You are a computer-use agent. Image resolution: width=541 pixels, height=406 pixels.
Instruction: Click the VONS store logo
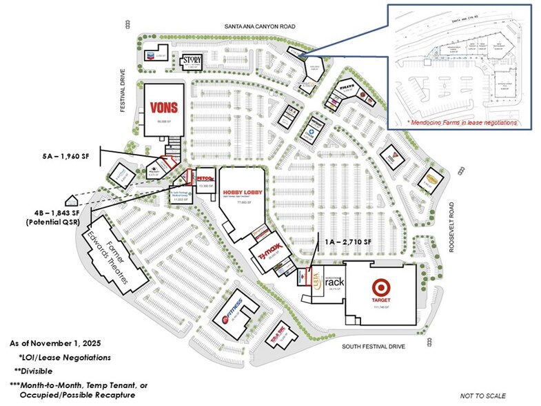pyautogui.click(x=164, y=107)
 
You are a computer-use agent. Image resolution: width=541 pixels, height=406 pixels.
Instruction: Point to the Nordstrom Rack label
pyautogui.click(x=333, y=282)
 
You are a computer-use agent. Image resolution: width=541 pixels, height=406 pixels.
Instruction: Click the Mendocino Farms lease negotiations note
pyautogui.click(x=462, y=123)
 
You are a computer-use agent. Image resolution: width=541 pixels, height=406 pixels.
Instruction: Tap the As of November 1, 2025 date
pyautogui.click(x=56, y=343)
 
